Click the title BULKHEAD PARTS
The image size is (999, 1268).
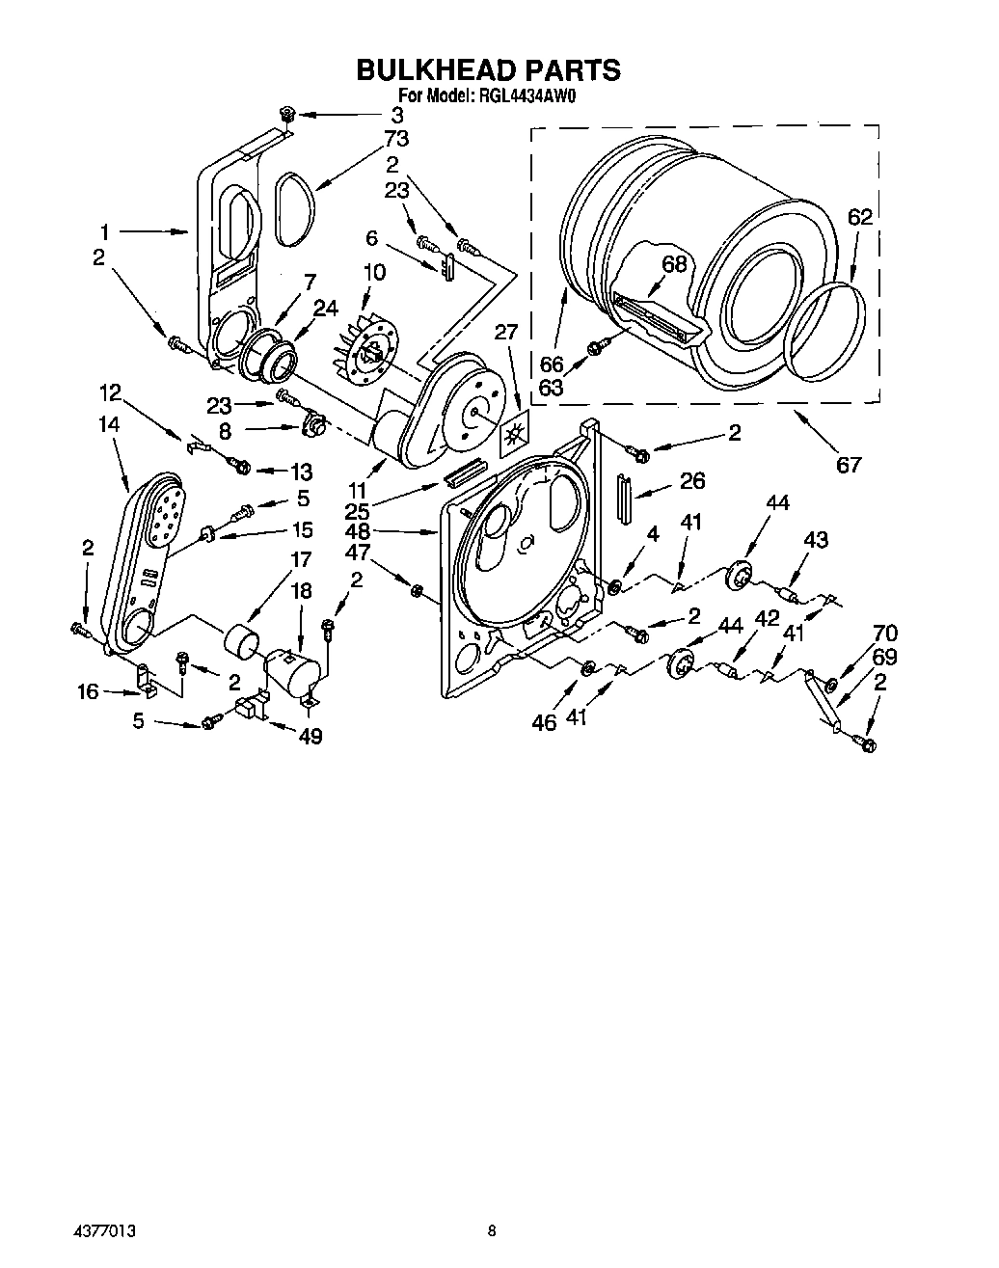coord(489,70)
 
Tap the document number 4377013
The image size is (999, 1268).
coord(103,1231)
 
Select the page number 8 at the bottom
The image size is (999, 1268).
coord(492,1231)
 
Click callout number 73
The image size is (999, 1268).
coord(396,138)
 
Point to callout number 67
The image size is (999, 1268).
coord(848,466)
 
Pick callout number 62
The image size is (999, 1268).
coord(859,217)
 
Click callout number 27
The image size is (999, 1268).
coord(505,333)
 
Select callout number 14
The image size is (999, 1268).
coord(109,422)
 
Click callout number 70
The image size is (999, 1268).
coord(884,634)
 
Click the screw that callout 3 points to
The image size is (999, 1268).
coord(286,115)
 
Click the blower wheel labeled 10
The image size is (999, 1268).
coord(368,353)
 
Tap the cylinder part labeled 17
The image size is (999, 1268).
coord(242,638)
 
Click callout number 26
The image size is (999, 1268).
coord(692,481)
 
